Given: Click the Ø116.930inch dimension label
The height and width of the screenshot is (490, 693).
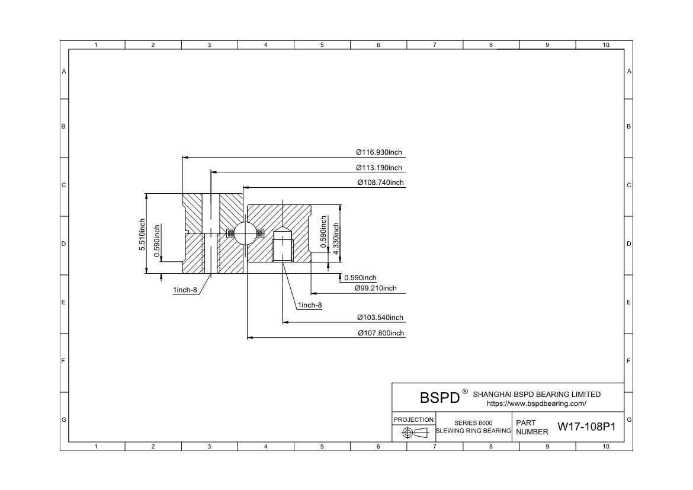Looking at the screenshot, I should click(x=379, y=153).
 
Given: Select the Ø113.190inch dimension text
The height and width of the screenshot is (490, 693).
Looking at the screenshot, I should click(x=379, y=168).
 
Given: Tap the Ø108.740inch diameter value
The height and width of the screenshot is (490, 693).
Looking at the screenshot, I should click(x=380, y=182).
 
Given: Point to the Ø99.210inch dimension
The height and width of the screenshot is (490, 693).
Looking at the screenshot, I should click(x=376, y=289).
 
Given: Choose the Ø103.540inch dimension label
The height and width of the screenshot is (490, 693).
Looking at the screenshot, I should click(x=380, y=318).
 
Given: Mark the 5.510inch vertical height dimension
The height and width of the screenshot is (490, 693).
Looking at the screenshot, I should click(x=142, y=234).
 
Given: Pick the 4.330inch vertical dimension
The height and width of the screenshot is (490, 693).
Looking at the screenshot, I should click(x=336, y=239).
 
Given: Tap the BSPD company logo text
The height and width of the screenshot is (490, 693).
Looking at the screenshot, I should click(x=439, y=398).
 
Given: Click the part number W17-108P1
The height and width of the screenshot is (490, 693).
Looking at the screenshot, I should click(x=586, y=427).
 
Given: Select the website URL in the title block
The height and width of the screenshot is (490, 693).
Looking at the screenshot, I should click(x=536, y=403).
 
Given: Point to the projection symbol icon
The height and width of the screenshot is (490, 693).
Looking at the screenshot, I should click(x=415, y=433).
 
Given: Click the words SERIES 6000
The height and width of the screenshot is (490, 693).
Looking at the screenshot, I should click(x=473, y=423).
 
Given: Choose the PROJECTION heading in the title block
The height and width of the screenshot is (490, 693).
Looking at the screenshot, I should click(x=413, y=419).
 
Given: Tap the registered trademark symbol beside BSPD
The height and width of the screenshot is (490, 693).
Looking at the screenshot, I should click(x=465, y=392).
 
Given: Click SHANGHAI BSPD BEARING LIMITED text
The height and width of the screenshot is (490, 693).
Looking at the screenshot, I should click(x=537, y=395).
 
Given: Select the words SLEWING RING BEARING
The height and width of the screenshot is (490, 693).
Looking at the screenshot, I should click(x=473, y=431).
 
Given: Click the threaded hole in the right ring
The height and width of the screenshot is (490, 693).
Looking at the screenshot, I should click(x=283, y=249).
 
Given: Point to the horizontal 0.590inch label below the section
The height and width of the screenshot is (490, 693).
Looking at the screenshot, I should click(x=360, y=278).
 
